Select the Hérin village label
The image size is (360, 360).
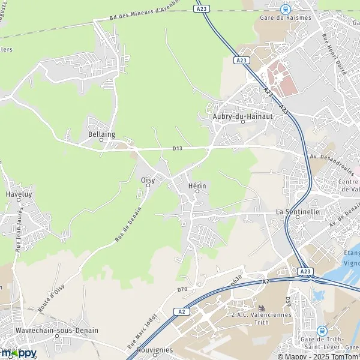(197, 186)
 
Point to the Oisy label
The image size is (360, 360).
(148, 179)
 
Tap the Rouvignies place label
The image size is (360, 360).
(155, 350)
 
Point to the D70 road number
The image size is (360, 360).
(182, 290)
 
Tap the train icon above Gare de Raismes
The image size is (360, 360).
(285, 8)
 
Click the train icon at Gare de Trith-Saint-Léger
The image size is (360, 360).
(322, 330)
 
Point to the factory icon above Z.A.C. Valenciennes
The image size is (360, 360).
(261, 308)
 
